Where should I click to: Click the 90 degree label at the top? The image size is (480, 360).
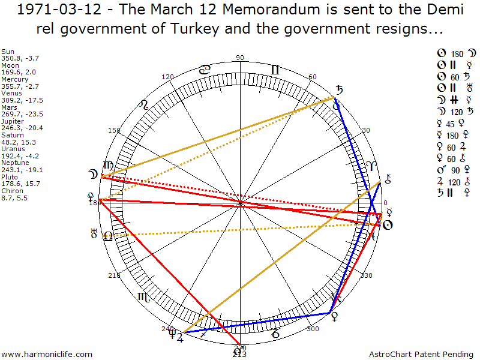tap(241, 58)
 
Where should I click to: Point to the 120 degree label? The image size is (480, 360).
tap(168, 77)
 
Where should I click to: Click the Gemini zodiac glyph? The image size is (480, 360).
tap(275, 70)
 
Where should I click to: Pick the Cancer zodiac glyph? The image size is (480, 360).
tap(205, 70)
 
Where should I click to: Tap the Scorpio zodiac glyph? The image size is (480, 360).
tap(144, 296)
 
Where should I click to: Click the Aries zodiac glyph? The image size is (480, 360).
tap(372, 166)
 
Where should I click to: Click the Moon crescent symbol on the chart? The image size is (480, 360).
tap(93, 176)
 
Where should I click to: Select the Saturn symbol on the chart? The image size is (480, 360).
tap(340, 90)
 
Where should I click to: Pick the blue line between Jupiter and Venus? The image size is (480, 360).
tap(258, 322)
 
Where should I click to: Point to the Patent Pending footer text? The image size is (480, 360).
tap(436, 355)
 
